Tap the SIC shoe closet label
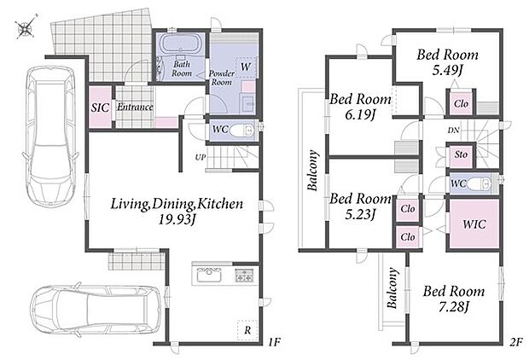pos(100,107)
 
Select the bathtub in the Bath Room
pos(181,44)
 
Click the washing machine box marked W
pos(246,67)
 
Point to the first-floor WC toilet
pos(242,130)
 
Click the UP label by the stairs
pos(201,157)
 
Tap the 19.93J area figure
pos(177,219)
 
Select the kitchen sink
pos(209,274)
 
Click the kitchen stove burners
pos(244,275)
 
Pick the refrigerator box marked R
pos(247,330)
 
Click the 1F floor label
pos(274,342)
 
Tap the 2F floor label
pos(516,342)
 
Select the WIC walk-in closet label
pos(474,224)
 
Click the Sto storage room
pos(461,154)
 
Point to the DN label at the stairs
pos(453,130)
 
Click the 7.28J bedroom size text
pos(454,307)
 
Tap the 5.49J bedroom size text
pos(447,70)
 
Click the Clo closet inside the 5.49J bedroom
pos(461,103)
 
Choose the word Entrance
pos(135,107)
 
